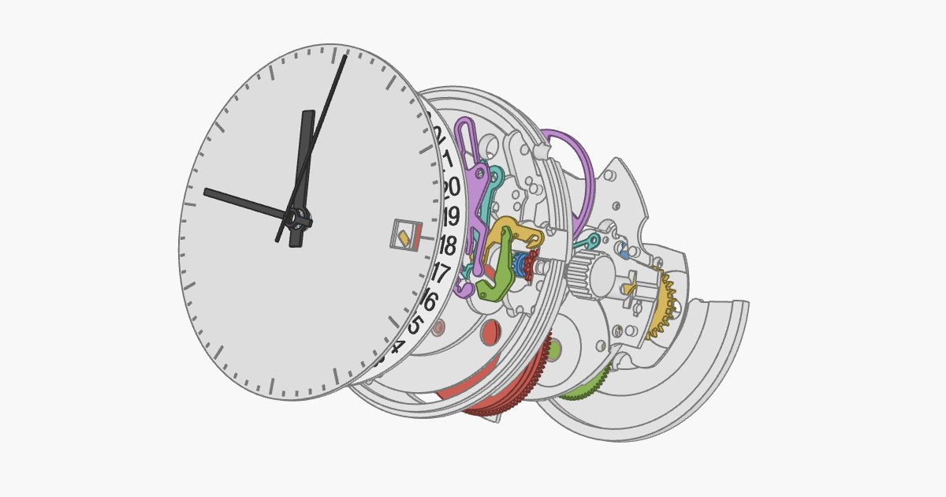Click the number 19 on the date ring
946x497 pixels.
[450, 216]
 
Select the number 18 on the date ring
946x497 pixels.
[447, 245]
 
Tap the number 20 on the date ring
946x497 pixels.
[451, 188]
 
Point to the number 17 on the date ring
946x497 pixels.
[440, 274]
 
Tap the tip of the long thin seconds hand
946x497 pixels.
[345, 56]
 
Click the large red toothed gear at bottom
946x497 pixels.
[512, 394]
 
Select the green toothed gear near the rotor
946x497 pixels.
[587, 387]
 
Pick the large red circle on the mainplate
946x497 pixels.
[490, 331]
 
